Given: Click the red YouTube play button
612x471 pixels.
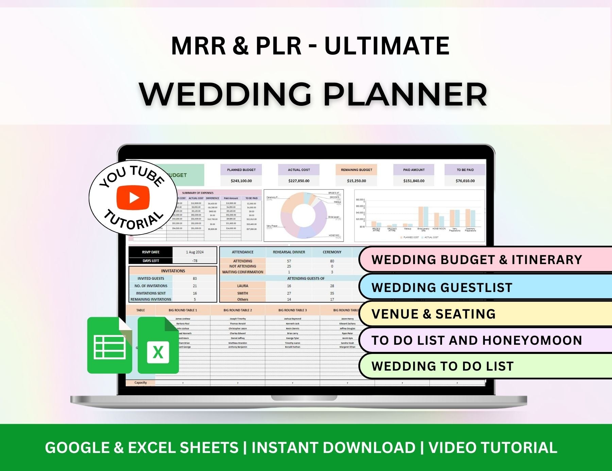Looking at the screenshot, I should coord(133,197).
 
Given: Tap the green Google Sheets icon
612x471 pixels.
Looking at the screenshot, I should coord(109,345).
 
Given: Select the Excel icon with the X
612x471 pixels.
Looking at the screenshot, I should coord(158,346).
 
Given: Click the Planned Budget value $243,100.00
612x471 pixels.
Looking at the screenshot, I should coord(241,181).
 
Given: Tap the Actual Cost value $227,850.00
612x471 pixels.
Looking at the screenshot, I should coord(299,181).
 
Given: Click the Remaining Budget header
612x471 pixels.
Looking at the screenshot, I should coord(356,170).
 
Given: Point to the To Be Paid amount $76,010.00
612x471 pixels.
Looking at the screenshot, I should coord(465,181).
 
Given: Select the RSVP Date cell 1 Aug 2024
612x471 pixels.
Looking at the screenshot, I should coord(195,252).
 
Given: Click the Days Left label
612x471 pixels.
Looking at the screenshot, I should coord(151,261).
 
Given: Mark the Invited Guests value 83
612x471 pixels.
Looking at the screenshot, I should coord(195,278).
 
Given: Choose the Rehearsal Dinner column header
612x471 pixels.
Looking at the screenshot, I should coord(289,252).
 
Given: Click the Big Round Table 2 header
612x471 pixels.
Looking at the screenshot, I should coord(238,310).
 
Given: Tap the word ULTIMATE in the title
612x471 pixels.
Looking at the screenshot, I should coord(387,46).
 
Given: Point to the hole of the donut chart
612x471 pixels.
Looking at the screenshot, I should coord(304,215).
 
